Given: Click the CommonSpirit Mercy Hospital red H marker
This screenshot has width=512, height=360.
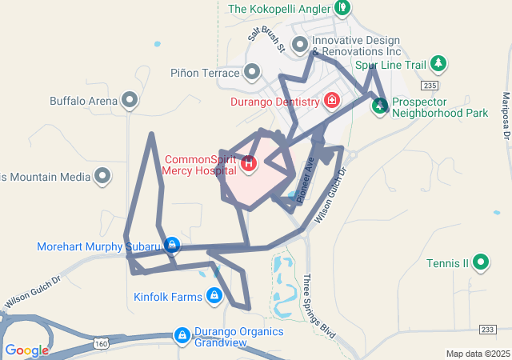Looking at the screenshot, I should (x=249, y=164).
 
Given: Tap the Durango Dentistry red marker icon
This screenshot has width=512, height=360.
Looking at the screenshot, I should (x=331, y=102).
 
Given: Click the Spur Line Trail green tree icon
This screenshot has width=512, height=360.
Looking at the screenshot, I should (x=438, y=63).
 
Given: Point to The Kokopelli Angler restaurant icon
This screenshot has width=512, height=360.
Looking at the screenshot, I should (x=342, y=9).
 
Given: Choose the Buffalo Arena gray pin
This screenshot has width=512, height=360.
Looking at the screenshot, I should (x=130, y=101).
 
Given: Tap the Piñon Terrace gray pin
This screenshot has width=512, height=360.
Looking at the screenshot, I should (x=252, y=73).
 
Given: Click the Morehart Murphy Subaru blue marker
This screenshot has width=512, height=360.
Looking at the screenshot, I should (x=170, y=246).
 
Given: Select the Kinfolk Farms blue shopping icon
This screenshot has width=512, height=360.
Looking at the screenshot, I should (x=214, y=297).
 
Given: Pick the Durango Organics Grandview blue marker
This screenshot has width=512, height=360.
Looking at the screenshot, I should (x=182, y=334).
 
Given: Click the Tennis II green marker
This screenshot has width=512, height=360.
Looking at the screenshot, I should (x=480, y=262).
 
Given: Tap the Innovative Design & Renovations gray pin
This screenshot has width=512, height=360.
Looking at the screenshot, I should (x=300, y=44).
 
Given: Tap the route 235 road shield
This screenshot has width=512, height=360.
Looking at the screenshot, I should (x=430, y=86).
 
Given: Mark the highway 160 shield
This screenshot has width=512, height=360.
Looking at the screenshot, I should (x=100, y=343).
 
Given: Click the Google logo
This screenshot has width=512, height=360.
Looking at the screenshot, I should (x=26, y=350).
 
